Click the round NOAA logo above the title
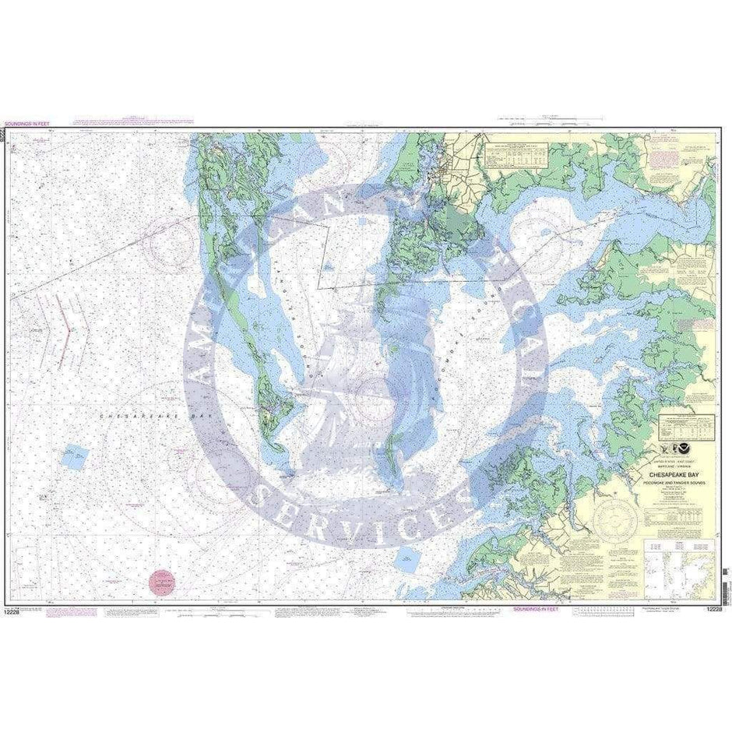[683, 449]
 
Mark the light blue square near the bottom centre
[406, 558]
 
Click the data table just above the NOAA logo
[685, 426]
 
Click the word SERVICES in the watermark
[366, 506]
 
